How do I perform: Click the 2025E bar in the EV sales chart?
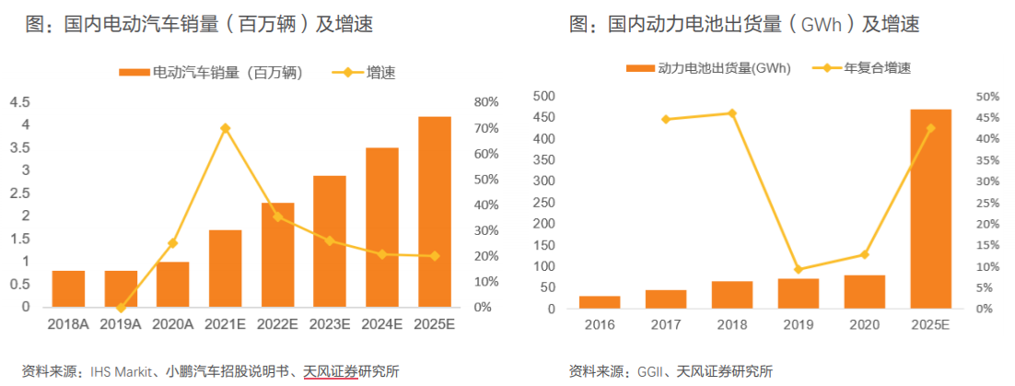coord(434,212)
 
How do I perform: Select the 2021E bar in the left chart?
coord(225,268)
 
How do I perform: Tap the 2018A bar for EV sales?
coord(68,288)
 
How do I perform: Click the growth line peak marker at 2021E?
coord(225,128)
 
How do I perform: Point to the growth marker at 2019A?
coord(121,307)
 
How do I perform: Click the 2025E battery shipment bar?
coord(931,209)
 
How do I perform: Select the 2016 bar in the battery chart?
coord(600,302)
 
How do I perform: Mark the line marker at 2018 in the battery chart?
coord(732,113)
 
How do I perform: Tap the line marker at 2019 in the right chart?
coord(799,270)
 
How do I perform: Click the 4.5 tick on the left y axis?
coord(19,102)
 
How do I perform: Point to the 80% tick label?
coord(485,102)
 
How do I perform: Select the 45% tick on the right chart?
coord(986,118)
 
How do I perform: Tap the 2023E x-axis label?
coord(329,324)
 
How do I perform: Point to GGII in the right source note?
coord(650,372)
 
